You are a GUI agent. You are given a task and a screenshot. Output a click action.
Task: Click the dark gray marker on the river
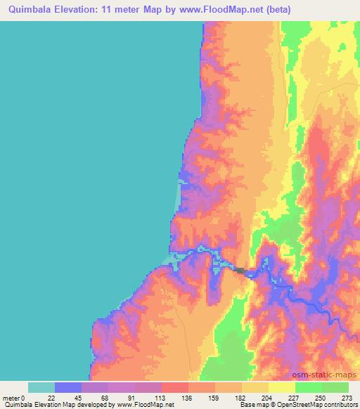[x=240, y=271]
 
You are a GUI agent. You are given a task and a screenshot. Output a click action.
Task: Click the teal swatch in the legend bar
[x=41, y=387]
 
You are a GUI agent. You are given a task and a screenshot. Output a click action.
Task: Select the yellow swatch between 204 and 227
[x=281, y=387]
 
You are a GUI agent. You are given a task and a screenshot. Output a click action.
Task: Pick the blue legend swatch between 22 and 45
[x=68, y=387]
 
